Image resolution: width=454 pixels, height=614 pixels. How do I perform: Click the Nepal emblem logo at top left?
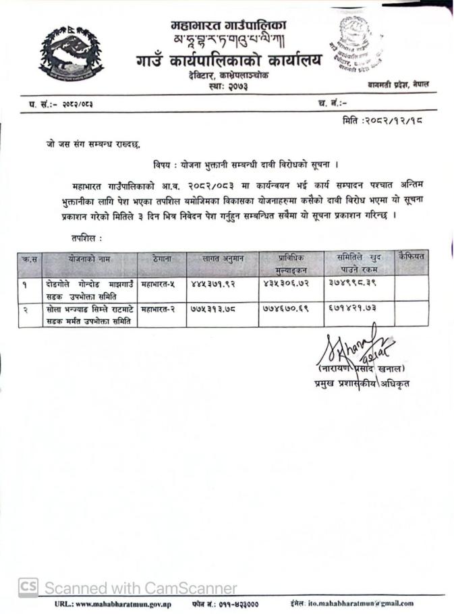(71, 53)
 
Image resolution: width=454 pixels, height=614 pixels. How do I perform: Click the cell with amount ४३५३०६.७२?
(289, 284)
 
